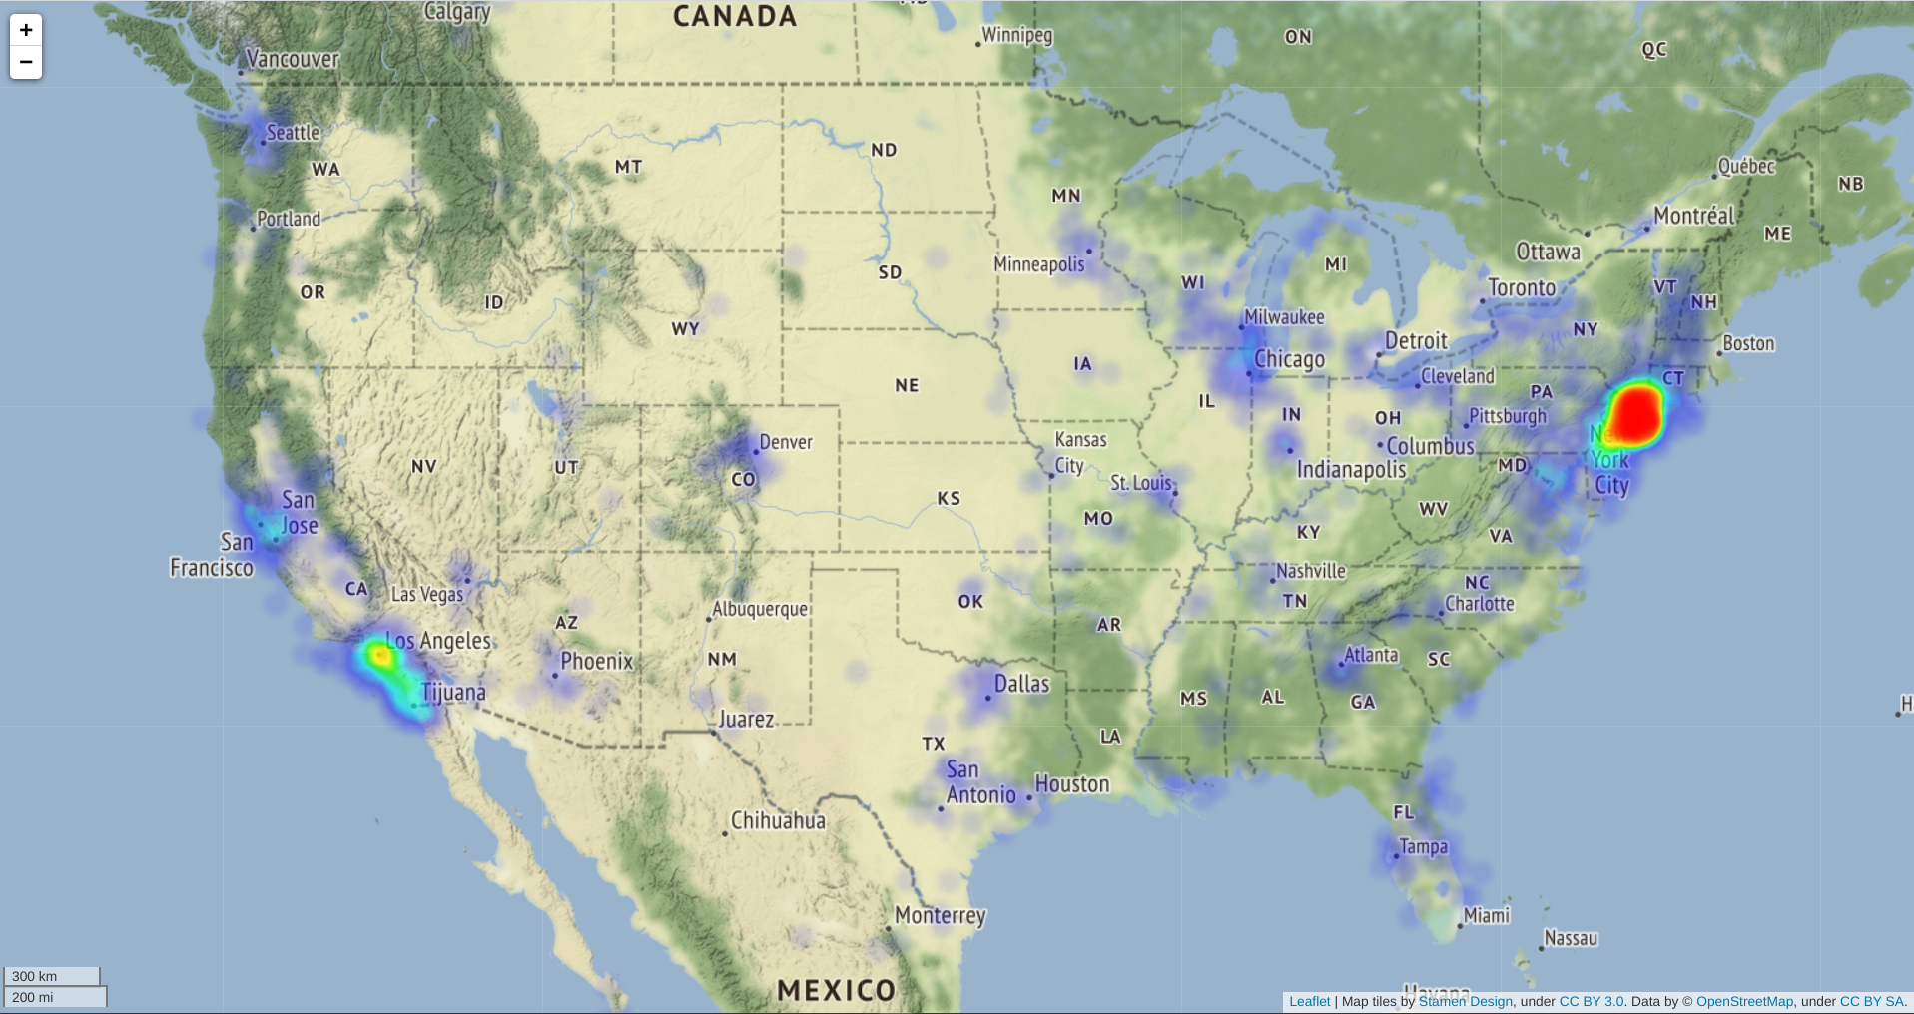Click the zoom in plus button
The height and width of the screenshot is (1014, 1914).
[26, 30]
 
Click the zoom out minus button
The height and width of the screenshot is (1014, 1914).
[26, 62]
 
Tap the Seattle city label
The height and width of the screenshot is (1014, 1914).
[293, 133]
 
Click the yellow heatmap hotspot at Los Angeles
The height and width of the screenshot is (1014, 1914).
[379, 656]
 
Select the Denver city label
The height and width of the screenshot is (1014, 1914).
[786, 442]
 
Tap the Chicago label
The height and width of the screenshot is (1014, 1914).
[1289, 359]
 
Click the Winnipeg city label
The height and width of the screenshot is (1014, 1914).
[1016, 35]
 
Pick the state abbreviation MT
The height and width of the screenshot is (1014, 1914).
[628, 167]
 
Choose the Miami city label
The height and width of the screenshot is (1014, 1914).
[1486, 915]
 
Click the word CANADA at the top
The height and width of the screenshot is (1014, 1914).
[735, 16]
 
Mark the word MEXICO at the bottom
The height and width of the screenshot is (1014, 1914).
[836, 990]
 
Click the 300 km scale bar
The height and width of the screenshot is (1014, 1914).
[52, 976]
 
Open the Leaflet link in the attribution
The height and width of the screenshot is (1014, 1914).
[1309, 1001]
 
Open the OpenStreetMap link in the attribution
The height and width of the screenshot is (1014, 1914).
[1744, 1001]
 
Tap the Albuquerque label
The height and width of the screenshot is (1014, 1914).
[759, 609]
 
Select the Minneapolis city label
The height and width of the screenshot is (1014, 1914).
[1038, 264]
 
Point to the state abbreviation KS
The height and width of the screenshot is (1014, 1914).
[949, 498]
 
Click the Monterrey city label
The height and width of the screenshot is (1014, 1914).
[940, 915]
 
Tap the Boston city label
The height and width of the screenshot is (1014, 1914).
[1748, 343]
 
